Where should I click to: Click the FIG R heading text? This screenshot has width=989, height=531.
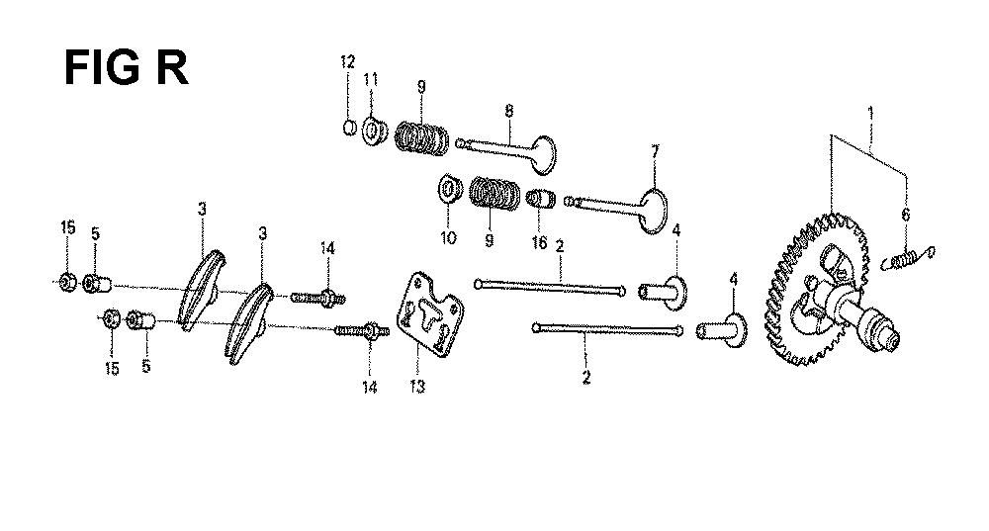(x=127, y=68)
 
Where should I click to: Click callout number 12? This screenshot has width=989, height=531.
(x=347, y=62)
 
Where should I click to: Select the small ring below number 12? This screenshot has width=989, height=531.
(x=350, y=128)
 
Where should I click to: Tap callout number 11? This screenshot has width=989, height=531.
(x=371, y=79)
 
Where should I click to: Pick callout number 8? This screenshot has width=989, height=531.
(x=509, y=111)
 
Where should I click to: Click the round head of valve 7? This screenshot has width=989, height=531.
(x=654, y=211)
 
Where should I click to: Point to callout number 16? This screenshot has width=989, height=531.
(x=539, y=242)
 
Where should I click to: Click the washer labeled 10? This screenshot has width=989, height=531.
(x=448, y=188)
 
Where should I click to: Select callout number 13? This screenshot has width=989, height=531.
(x=417, y=386)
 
